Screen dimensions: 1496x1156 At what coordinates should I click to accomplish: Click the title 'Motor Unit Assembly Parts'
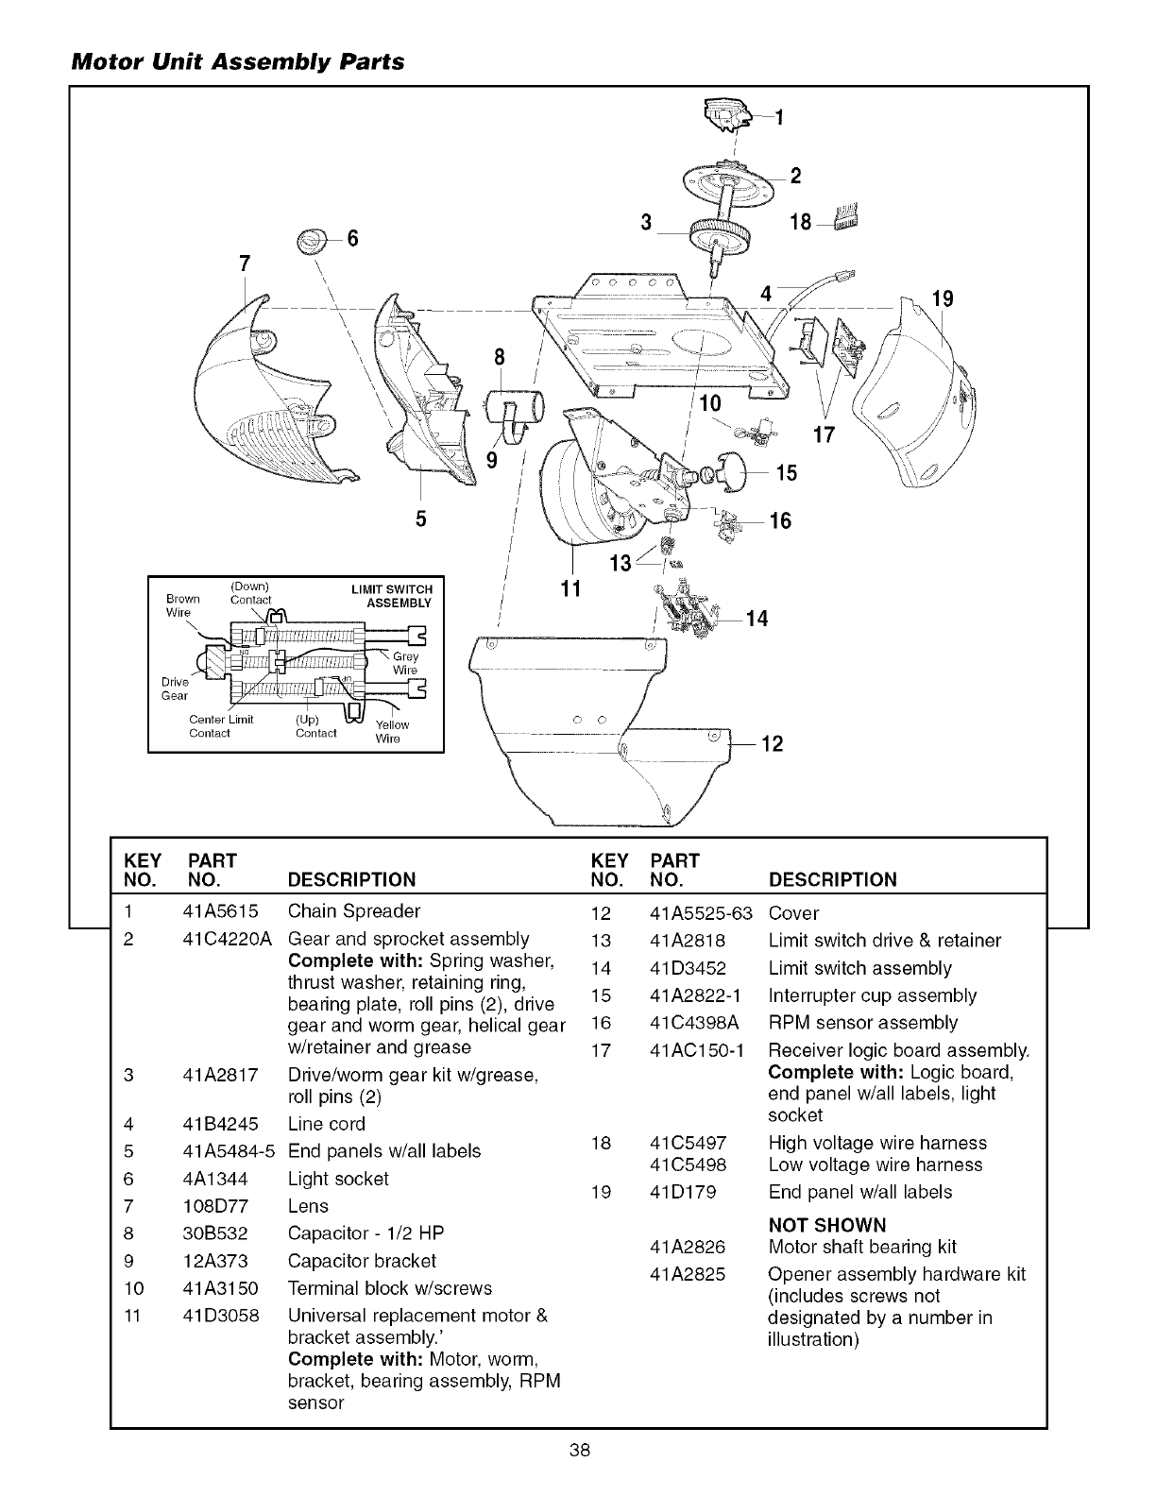(x=237, y=62)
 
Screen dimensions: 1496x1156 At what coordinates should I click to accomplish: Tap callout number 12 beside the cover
(x=772, y=744)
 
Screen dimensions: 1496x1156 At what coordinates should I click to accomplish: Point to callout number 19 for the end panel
(x=942, y=299)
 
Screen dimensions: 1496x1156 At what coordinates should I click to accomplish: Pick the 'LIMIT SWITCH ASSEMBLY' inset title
(x=399, y=596)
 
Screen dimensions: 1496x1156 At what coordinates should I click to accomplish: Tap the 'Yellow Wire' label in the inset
(x=392, y=731)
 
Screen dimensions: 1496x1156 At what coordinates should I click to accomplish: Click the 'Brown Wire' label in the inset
(x=182, y=604)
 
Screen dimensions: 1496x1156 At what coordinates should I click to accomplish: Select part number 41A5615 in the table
(x=215, y=911)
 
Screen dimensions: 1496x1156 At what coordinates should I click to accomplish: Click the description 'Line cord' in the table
(x=326, y=1124)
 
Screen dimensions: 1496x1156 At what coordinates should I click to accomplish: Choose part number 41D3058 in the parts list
(x=220, y=1316)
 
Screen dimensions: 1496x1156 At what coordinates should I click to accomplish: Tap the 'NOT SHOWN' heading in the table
(x=827, y=1225)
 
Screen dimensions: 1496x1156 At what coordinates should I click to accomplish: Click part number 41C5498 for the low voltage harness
(x=688, y=1164)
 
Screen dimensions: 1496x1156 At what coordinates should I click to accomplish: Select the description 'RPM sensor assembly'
(x=862, y=1023)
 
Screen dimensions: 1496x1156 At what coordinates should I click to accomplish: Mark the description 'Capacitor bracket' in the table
(x=362, y=1261)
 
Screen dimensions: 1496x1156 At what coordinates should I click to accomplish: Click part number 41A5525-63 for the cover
(x=702, y=913)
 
